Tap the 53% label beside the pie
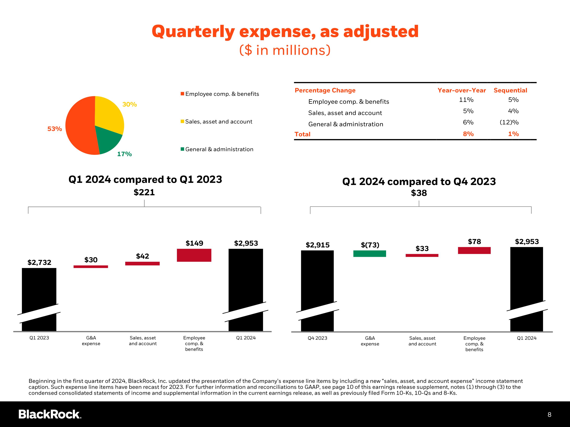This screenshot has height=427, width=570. tap(55, 129)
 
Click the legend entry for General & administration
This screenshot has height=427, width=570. tap(217, 149)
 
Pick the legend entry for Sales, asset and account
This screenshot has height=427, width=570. tap(216, 121)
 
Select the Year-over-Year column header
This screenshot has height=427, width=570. tap(462, 90)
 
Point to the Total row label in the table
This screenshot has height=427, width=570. tap(302, 134)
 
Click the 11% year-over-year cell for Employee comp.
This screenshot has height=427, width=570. tap(466, 100)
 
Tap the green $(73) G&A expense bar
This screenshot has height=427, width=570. tap(370, 254)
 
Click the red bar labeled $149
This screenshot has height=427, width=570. tap(194, 255)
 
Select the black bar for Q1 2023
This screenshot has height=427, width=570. tap(39, 299)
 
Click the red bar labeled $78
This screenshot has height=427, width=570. tap(474, 251)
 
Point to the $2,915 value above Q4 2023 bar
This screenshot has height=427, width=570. tap(317, 245)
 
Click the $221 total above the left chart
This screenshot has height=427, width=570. tap(144, 192)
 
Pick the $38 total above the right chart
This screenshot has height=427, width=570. tap(419, 193)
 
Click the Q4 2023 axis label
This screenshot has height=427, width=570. tap(317, 338)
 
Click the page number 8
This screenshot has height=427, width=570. tap(549, 415)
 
